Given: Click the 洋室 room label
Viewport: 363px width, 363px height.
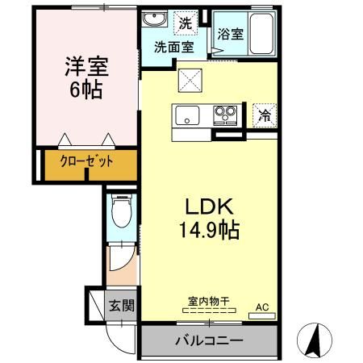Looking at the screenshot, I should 85,65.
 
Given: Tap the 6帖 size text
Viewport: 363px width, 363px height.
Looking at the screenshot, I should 85,89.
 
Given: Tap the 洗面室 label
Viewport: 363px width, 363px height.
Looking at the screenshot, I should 173,46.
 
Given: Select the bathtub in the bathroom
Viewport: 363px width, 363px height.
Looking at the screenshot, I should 260,34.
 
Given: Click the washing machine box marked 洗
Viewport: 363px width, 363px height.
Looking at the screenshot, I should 186,23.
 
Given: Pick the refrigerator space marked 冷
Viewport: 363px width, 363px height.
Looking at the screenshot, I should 264,115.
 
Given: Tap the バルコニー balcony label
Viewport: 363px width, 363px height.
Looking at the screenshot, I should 209,340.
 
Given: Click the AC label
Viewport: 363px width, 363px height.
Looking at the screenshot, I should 261,307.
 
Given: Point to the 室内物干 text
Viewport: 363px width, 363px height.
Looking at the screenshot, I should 209,302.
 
